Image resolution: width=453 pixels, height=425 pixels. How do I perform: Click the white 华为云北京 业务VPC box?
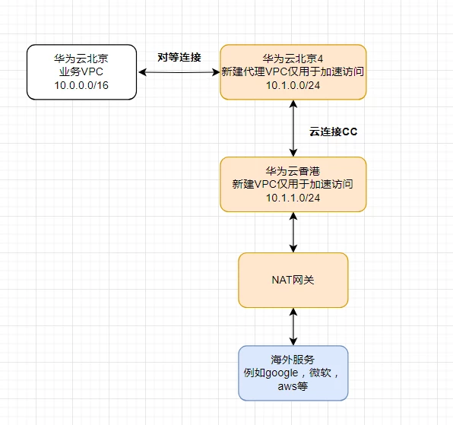[81, 71]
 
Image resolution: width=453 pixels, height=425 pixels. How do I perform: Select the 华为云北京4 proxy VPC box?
[293, 71]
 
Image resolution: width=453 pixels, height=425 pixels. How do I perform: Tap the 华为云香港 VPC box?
[293, 184]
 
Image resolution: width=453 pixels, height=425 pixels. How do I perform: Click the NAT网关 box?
[293, 281]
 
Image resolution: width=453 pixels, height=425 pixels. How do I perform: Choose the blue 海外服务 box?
[293, 373]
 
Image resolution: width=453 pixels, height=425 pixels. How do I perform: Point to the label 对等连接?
[179, 56]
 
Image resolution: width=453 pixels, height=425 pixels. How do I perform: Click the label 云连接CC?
[333, 132]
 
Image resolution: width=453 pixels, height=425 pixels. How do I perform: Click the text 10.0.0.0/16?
[81, 84]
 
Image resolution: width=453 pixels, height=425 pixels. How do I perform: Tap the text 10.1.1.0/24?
[293, 197]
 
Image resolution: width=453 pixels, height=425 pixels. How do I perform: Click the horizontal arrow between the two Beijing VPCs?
[179, 72]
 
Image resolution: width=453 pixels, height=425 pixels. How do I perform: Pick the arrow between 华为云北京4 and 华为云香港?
[293, 128]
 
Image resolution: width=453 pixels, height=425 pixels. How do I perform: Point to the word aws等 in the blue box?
[293, 385]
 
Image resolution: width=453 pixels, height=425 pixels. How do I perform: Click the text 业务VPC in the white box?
[81, 71]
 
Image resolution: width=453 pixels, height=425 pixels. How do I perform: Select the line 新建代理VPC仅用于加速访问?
[293, 71]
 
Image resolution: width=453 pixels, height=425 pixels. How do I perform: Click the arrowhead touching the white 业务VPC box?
[142, 72]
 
